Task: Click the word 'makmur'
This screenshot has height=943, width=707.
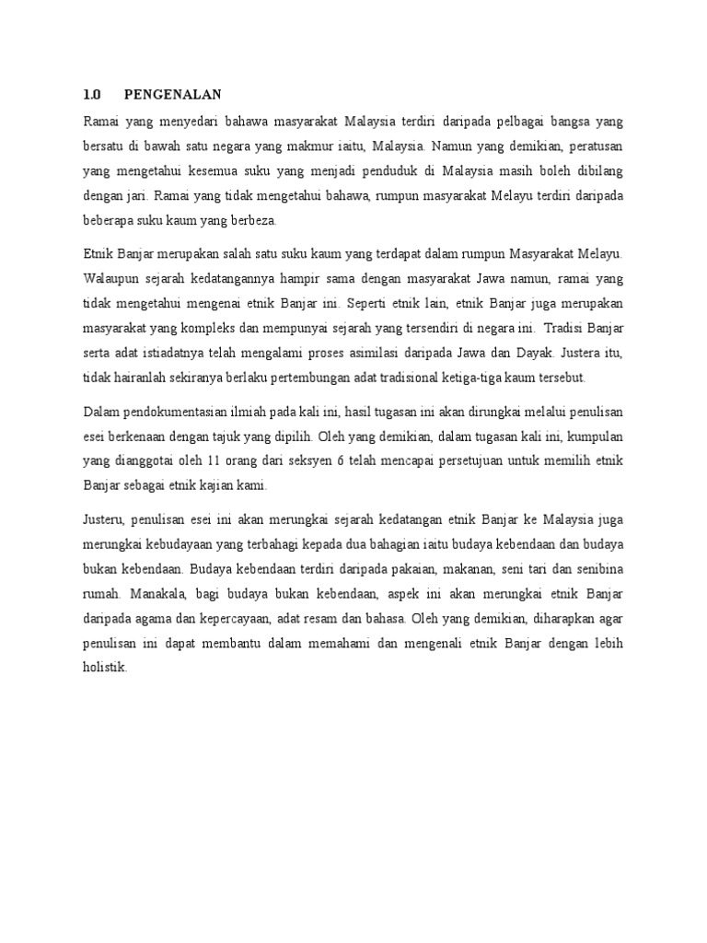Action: coord(339,145)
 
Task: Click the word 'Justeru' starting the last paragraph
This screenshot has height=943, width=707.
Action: coord(102,518)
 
